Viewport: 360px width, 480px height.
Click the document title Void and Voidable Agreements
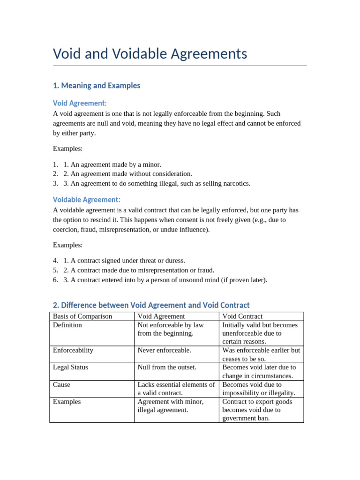[x=150, y=54]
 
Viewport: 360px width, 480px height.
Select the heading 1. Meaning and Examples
[x=97, y=86]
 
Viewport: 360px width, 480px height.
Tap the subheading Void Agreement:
[x=80, y=103]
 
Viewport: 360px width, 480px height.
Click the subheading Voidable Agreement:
[x=87, y=200]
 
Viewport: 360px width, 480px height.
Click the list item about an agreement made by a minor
[x=112, y=165]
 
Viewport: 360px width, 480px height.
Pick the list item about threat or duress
[x=124, y=261]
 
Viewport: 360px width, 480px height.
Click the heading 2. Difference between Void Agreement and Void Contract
[x=151, y=305]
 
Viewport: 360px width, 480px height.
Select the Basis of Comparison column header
[x=82, y=316]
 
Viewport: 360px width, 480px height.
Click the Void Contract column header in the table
[x=242, y=316]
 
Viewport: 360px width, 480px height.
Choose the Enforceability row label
[x=73, y=350]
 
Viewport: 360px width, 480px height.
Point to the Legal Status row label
[x=70, y=367]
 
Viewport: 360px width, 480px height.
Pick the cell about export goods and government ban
[x=257, y=410]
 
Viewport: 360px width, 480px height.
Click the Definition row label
[x=67, y=325]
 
